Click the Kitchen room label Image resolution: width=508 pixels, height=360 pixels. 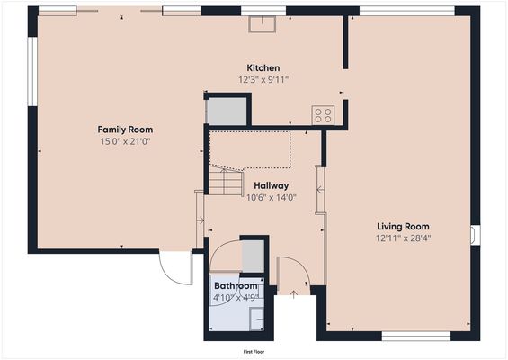tap(263, 68)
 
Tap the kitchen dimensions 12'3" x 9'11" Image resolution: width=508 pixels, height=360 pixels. tap(263, 80)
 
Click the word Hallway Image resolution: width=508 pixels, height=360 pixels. tap(271, 185)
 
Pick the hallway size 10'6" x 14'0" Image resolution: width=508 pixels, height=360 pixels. tap(271, 197)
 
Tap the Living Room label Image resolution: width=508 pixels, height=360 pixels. tap(402, 226)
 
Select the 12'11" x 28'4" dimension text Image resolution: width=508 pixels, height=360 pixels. tap(402, 238)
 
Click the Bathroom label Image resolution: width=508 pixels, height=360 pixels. tap(234, 285)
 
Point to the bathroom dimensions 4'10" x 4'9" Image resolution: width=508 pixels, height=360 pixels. tap(234, 297)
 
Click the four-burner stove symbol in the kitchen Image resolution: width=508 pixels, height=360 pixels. tap(323, 115)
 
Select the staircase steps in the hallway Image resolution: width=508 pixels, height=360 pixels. tap(226, 184)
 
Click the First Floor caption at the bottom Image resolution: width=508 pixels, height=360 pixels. tap(257, 352)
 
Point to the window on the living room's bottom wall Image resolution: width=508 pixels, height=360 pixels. tap(415, 336)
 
